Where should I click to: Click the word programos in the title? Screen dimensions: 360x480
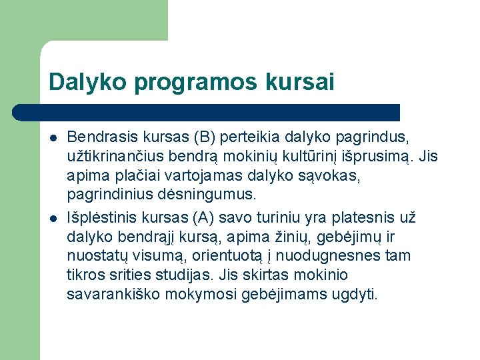point(193,83)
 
